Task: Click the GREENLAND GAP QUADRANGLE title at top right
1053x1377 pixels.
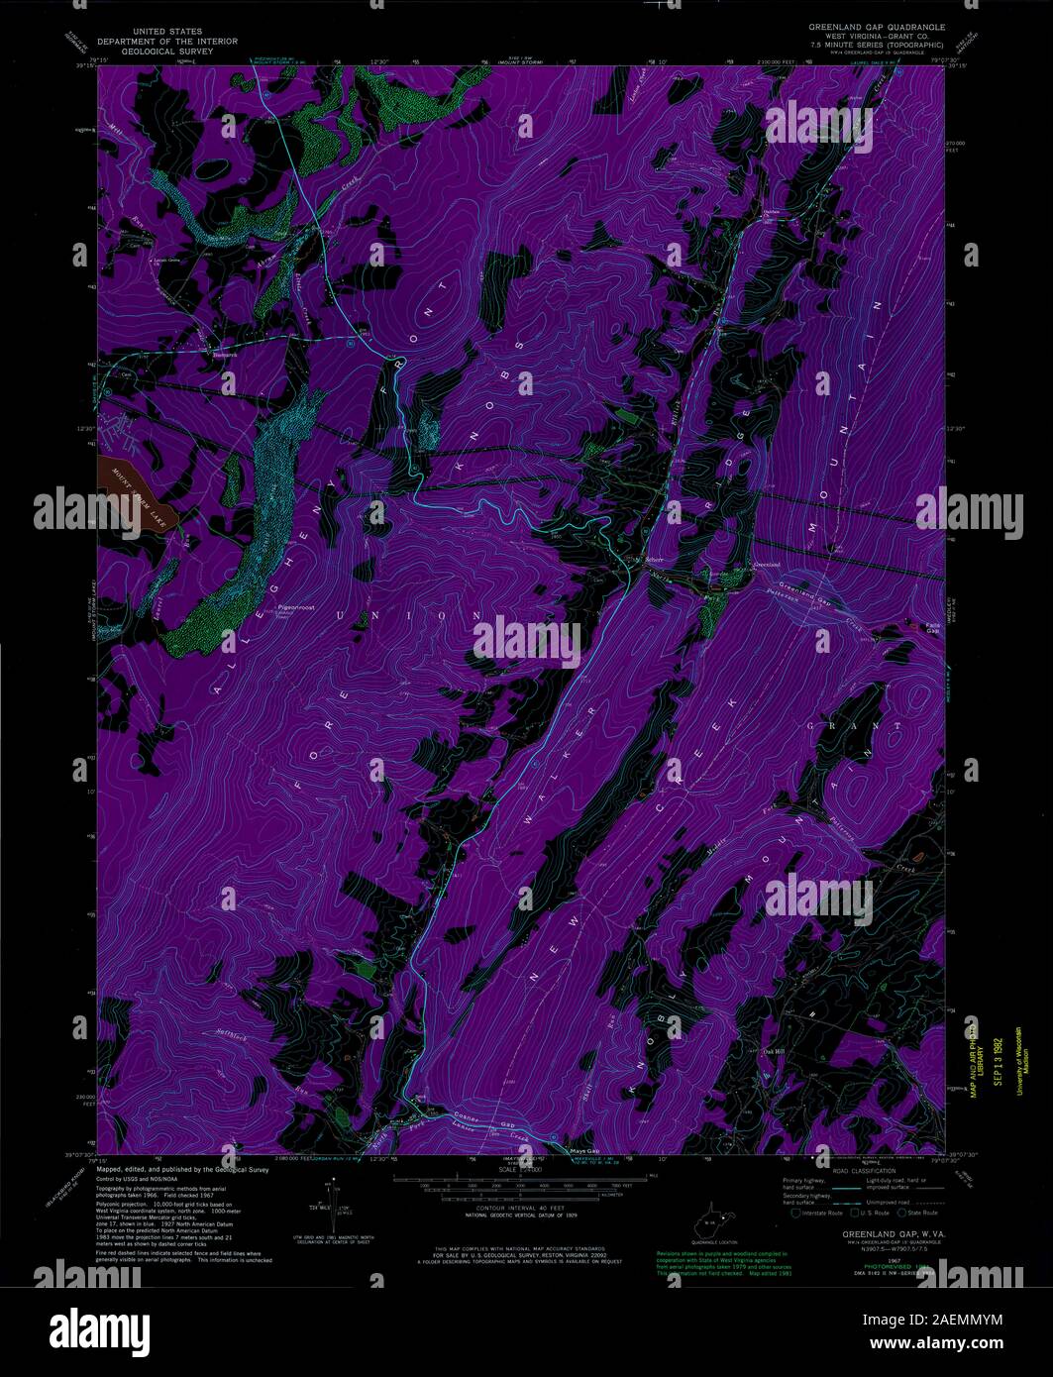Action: [x=873, y=27]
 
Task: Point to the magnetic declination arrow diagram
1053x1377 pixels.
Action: [x=340, y=1203]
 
